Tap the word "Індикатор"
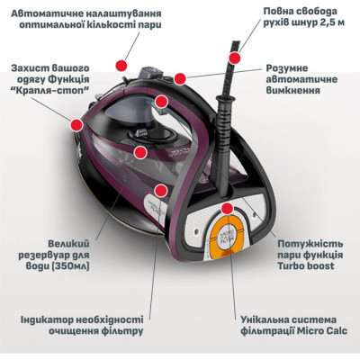(48, 319)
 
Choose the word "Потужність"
(301, 243)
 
